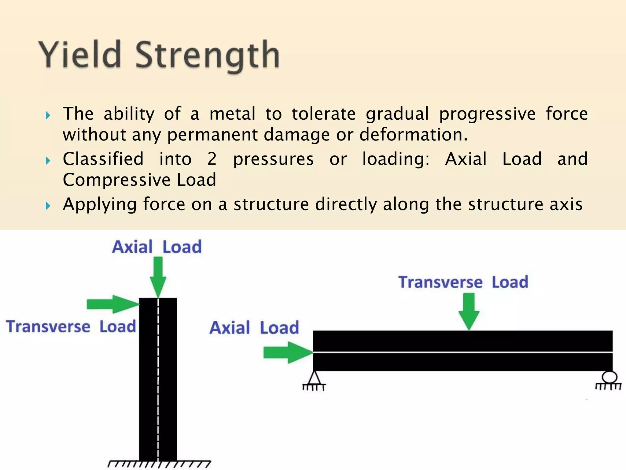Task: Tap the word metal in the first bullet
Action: coord(232,114)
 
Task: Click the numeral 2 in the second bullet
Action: coord(212,159)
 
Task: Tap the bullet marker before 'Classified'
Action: coord(48,160)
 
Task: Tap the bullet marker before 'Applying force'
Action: coord(48,206)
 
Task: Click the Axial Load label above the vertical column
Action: coord(157,247)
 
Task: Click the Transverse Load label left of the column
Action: coord(71,326)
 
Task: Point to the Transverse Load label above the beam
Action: coord(463,282)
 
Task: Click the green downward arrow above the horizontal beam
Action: coord(469,311)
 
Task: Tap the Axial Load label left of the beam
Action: coord(254,328)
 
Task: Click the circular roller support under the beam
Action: coord(609,377)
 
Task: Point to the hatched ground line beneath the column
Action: coord(159,464)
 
